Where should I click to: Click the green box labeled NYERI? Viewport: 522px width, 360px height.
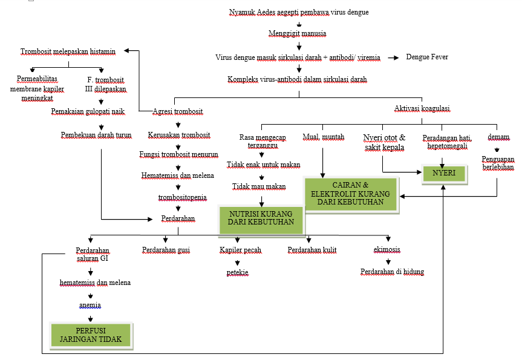[x=444, y=173]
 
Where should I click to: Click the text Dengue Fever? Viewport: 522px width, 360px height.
[x=427, y=57]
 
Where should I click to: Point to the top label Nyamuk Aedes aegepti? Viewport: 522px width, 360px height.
[x=299, y=12]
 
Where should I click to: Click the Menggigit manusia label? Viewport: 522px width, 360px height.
[x=298, y=33]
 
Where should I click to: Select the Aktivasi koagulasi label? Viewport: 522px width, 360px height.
[x=422, y=108]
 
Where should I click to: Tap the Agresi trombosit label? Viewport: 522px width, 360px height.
[x=177, y=111]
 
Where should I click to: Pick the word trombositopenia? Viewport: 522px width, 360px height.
[x=178, y=197]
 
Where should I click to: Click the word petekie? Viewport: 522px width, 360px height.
[x=238, y=272]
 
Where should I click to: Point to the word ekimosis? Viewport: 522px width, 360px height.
[x=387, y=249]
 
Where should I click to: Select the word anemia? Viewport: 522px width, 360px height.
[x=90, y=305]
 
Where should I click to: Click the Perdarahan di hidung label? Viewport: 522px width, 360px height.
[x=392, y=272]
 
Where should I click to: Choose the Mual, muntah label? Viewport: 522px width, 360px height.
[x=323, y=137]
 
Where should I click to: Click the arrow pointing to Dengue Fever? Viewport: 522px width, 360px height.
[x=393, y=57]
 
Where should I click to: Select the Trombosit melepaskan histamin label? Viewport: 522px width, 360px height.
[x=68, y=52]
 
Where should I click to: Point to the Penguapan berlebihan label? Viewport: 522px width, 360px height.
[x=498, y=164]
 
